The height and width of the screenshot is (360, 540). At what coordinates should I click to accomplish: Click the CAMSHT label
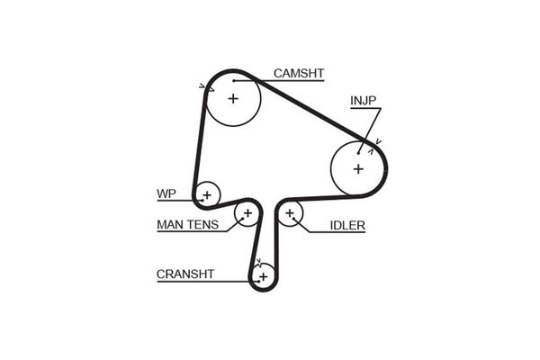tap(299, 73)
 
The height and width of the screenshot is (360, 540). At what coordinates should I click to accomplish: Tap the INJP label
tap(365, 101)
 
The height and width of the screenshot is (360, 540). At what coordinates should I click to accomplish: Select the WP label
tap(166, 193)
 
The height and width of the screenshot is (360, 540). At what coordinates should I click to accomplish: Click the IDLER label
tap(347, 225)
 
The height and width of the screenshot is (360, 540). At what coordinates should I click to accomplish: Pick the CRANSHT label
tap(185, 274)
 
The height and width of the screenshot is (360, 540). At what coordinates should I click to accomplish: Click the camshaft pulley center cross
tap(233, 98)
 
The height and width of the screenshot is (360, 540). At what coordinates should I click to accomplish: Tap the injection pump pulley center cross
tap(358, 168)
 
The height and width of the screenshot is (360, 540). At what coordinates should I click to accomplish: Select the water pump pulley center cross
tap(207, 193)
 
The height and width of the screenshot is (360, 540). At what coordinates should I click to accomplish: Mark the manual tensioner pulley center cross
tap(247, 213)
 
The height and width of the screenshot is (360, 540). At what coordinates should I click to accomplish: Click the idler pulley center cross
tap(290, 214)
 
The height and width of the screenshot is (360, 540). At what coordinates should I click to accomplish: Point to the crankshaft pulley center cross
tap(262, 276)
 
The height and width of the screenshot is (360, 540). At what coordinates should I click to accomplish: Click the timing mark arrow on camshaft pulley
tap(203, 87)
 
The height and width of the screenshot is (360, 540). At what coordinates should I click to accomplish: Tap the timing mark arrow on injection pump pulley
tap(379, 140)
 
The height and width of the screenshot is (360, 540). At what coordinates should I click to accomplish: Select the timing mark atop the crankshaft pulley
tap(259, 263)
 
